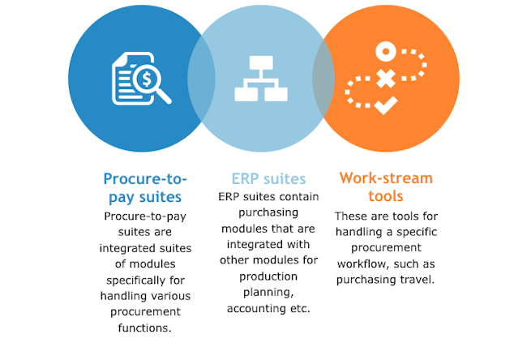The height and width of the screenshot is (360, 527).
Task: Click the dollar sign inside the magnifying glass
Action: click(x=147, y=79)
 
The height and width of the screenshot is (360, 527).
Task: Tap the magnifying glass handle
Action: click(x=164, y=96)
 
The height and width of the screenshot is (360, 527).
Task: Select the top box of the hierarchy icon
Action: click(x=261, y=63)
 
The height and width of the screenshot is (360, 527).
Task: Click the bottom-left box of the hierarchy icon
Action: click(x=246, y=94)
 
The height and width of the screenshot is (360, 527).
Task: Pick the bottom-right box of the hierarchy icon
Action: click(x=276, y=94)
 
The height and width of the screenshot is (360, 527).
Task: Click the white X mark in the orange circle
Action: click(x=385, y=79)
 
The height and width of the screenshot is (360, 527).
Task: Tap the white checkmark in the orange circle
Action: click(x=386, y=105)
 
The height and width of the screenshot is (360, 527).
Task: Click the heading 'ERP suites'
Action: click(x=268, y=179)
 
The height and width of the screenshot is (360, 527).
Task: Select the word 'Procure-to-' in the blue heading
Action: click(x=145, y=179)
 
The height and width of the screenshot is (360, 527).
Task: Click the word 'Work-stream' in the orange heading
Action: click(x=386, y=178)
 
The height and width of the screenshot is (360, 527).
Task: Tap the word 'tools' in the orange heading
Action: click(x=385, y=196)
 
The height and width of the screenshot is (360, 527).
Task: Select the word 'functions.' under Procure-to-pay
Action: click(x=145, y=328)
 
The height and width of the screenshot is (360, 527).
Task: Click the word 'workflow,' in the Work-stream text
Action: click(x=362, y=264)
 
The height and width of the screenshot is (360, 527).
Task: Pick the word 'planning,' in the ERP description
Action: click(x=268, y=293)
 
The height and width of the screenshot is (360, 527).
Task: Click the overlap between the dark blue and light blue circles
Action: click(x=201, y=79)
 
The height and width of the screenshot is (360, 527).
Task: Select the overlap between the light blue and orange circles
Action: click(x=323, y=79)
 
